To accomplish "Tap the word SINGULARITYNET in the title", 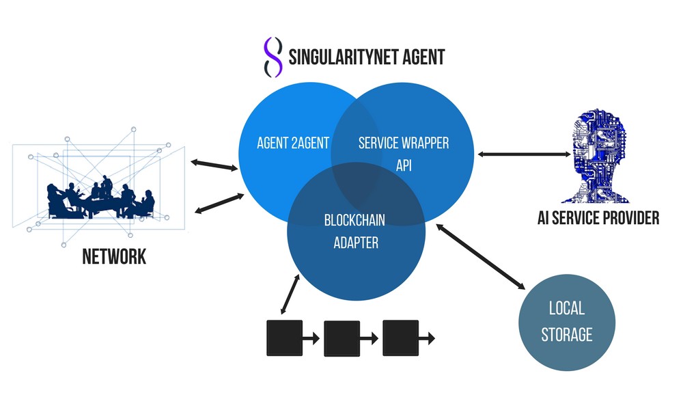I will (x=344, y=56).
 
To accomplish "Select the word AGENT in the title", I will (x=423, y=56).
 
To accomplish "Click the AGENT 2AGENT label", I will (x=293, y=143).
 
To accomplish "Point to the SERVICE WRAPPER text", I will (x=404, y=143).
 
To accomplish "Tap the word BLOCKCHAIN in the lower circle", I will (x=355, y=220).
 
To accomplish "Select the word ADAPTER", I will (x=355, y=242).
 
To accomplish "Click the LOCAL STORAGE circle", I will (x=567, y=322).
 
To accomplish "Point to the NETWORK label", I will (x=114, y=257).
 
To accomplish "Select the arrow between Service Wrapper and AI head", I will (x=525, y=155).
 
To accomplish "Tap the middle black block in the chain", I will (x=341, y=338).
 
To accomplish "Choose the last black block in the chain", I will (x=400, y=338).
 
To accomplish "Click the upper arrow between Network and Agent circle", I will (x=212, y=165).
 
